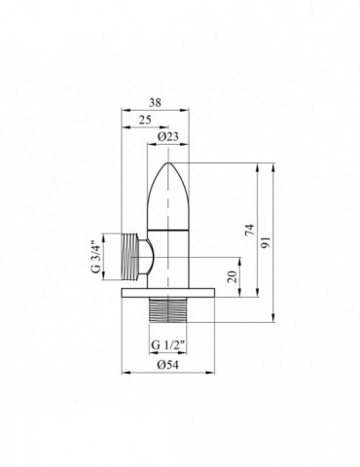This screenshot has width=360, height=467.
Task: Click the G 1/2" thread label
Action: point(168,344)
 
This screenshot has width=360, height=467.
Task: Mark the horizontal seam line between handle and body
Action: point(171,226)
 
